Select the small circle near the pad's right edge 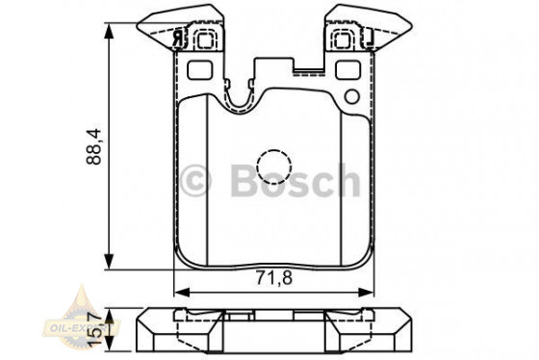351,97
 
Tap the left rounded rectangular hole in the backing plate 201,71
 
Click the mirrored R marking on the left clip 179,39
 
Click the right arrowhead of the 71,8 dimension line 370,293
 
